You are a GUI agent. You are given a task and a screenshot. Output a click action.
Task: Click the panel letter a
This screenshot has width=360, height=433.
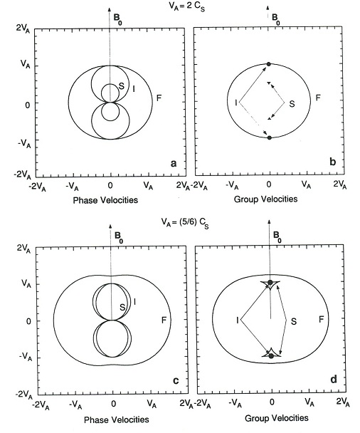pos(174,164)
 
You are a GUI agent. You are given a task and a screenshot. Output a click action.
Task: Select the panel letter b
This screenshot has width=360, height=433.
pos(333,162)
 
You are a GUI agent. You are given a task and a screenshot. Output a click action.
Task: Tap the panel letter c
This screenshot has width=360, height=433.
pos(176,381)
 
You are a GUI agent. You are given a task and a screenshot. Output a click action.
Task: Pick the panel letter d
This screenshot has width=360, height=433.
pos(334,380)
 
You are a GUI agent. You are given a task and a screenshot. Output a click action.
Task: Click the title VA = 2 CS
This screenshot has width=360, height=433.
pos(186,7)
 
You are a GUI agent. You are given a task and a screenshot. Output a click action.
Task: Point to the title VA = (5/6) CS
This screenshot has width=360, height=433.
pos(185,223)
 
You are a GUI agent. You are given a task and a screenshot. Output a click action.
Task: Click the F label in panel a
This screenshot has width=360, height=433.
pos(159,98)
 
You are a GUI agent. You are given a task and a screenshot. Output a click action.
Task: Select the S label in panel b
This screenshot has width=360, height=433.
pos(292,104)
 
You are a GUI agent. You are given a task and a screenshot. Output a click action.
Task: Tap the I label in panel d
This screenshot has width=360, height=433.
pos(237,320)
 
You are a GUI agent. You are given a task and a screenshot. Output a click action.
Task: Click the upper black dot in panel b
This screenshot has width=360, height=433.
pos(269,64)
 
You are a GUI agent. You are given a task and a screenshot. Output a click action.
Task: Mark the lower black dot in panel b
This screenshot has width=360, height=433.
pos(270,137)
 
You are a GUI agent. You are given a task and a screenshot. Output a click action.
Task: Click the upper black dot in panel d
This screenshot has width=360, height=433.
pos(270,282)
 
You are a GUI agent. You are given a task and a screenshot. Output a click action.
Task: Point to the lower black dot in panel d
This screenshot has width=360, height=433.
pos(271,356)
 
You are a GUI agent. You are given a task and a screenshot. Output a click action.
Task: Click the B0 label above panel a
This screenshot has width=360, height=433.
pos(118,19)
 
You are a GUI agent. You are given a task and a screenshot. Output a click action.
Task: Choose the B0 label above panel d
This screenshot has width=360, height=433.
pos(277,236)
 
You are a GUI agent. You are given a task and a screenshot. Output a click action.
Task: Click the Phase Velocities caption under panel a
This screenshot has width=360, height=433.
pos(105,200)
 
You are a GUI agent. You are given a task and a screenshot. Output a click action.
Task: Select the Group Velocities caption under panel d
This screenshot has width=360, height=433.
pos(277,418)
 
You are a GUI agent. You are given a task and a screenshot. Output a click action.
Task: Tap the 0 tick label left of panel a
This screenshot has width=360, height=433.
pos(27,105)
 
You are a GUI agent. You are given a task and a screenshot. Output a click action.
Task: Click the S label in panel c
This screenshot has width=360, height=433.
pos(122,307)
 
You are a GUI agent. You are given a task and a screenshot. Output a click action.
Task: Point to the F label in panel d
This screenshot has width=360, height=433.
pos(321,320)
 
